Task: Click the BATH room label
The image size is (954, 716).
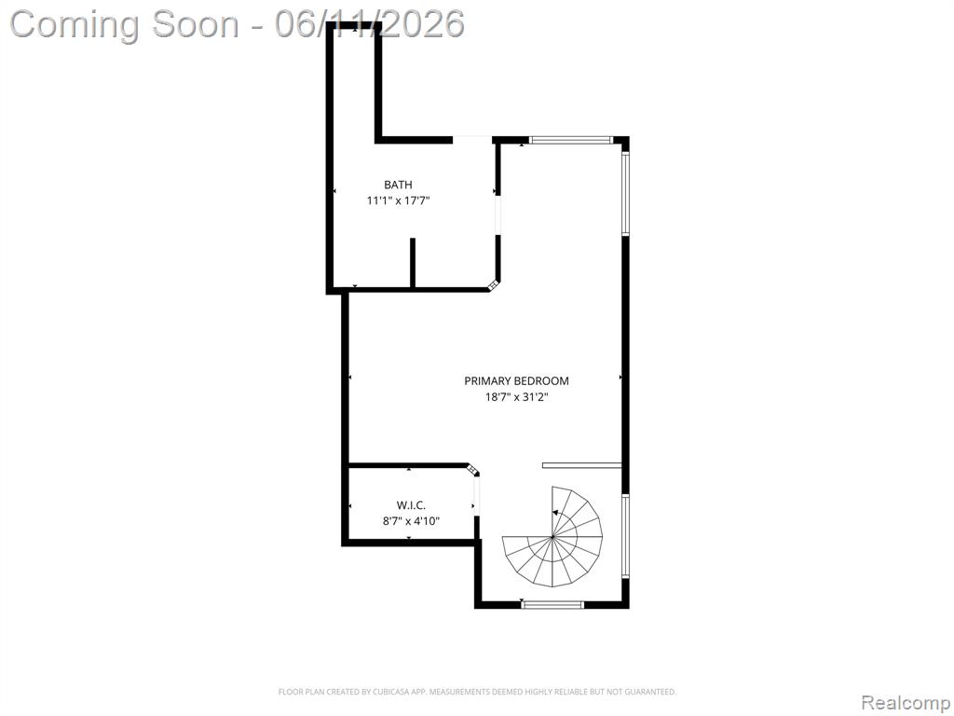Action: click(398, 185)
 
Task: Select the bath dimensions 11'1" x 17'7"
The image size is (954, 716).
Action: click(398, 200)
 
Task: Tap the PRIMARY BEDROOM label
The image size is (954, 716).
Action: click(516, 381)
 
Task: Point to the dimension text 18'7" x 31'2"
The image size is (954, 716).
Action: click(516, 397)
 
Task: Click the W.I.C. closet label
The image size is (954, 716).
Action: click(411, 505)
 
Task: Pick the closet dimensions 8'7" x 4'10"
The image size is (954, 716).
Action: click(411, 521)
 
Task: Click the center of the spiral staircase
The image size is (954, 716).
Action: click(552, 536)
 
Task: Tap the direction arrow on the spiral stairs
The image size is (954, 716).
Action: click(556, 514)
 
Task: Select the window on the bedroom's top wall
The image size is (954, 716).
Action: click(570, 140)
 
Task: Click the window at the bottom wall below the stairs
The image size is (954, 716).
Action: click(552, 604)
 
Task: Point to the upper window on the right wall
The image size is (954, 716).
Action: click(625, 193)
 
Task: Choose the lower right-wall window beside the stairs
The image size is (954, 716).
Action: click(625, 535)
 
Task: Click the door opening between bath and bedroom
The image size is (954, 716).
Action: click(497, 215)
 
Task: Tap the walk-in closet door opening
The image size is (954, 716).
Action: click(476, 496)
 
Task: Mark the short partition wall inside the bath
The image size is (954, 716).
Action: click(413, 262)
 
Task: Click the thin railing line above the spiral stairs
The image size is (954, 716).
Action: click(581, 466)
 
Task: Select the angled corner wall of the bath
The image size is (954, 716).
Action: click(494, 285)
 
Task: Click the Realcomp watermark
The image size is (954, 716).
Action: click(905, 702)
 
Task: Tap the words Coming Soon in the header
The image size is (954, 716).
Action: click(126, 24)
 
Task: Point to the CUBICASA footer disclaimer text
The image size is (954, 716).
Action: click(477, 692)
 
